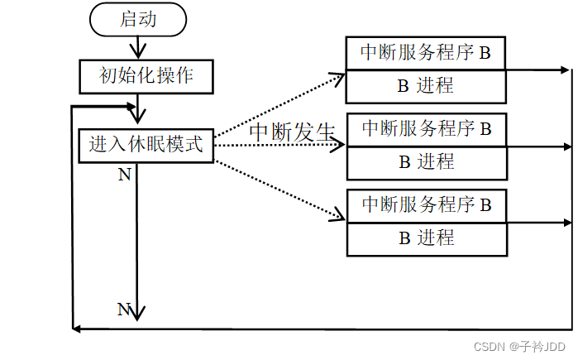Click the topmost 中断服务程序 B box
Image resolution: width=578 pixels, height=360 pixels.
[426, 55]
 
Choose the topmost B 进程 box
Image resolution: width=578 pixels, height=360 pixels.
[426, 85]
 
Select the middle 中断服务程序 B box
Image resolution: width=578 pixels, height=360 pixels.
[426, 129]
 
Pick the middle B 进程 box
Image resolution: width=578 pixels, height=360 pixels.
[426, 161]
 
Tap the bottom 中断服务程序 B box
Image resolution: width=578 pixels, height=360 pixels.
[426, 205]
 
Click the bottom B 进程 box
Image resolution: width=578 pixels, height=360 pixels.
[426, 238]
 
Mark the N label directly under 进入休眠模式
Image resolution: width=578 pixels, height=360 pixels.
[125, 175]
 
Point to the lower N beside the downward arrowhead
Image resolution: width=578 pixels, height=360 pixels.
[124, 310]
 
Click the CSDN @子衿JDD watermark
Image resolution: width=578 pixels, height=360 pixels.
[513, 346]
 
